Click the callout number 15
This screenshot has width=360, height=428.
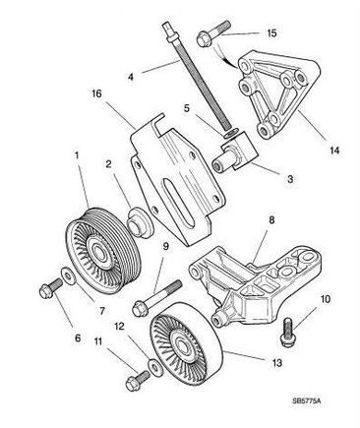271,33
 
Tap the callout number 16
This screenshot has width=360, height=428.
96,93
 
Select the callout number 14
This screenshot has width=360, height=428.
334,151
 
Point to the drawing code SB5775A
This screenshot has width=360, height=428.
307,400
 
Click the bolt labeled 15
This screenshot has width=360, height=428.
213,33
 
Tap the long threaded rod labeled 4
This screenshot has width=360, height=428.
198,77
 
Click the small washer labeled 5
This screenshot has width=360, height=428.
231,133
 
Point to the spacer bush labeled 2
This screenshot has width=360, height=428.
140,221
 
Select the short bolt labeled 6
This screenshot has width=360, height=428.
51,288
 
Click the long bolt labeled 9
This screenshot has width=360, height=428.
156,298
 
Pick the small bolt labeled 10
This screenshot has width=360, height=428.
287,332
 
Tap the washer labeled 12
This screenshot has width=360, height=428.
155,368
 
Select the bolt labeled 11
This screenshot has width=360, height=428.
137,381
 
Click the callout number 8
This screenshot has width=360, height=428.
271,219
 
